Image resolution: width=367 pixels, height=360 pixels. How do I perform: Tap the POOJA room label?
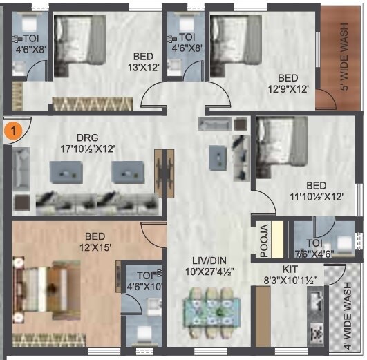pos(263,238)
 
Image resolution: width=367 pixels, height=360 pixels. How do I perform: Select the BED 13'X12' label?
pos(142,61)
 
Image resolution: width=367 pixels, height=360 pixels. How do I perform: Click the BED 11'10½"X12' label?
pos(315,191)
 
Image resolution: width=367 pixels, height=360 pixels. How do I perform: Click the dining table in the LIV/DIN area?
pos(208,309)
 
